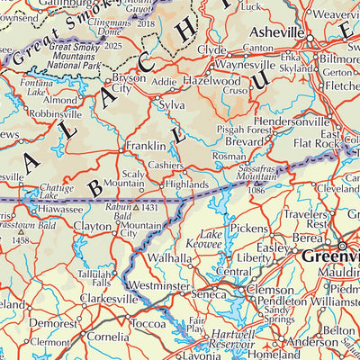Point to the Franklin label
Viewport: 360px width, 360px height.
145,145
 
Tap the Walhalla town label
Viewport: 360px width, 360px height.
168,257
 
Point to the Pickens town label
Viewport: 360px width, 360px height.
249,229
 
